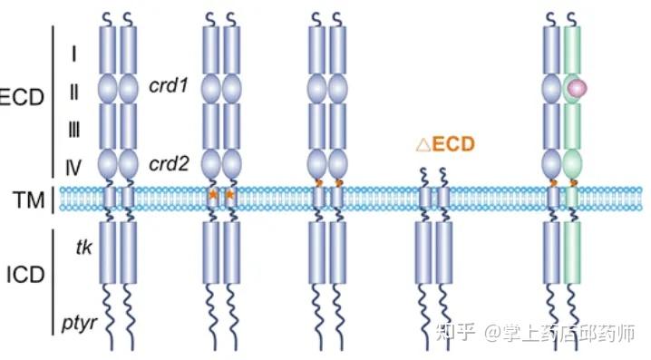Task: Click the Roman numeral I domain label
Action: (73, 54)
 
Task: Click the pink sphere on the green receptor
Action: (576, 88)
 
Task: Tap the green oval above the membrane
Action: (573, 165)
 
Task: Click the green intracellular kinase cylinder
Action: (573, 251)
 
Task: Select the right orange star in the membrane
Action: (230, 194)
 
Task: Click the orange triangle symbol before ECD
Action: (423, 143)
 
